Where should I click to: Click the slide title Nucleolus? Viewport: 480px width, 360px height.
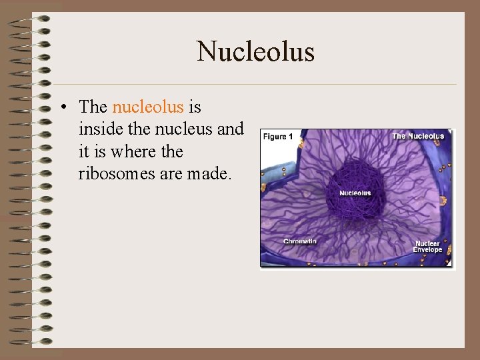(255, 52)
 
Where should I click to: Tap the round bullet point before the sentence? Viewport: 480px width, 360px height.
(62, 107)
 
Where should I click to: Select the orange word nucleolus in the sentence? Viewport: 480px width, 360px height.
(147, 107)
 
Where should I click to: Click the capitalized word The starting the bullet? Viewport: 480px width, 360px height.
(93, 107)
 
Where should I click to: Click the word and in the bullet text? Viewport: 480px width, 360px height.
(231, 129)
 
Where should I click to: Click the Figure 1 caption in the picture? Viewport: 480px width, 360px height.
(278, 137)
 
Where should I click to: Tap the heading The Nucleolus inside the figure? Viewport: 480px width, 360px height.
(418, 137)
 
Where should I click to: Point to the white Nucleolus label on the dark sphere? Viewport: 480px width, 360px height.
(355, 193)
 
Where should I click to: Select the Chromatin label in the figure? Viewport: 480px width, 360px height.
(299, 241)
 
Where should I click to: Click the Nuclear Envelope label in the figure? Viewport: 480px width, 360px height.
(428, 247)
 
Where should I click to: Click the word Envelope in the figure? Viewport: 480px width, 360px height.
(428, 250)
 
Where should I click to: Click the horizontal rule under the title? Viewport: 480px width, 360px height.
(255, 84)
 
